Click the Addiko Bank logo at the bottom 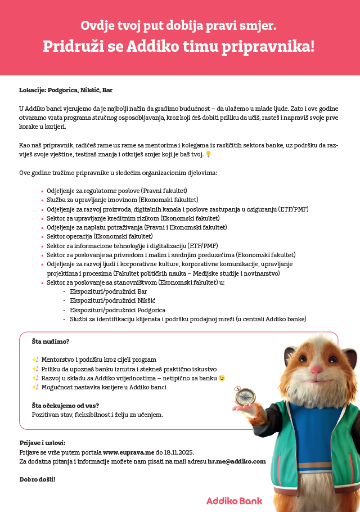(x=234, y=500)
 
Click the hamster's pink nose (x=317, y=369)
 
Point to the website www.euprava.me (x=128, y=452)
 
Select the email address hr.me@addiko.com (x=236, y=461)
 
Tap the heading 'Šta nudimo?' (x=51, y=341)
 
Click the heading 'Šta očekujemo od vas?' (x=65, y=405)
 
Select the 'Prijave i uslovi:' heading (x=42, y=443)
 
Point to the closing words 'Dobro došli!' (x=37, y=479)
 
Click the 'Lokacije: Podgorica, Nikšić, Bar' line (x=69, y=90)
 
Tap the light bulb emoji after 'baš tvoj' (x=208, y=154)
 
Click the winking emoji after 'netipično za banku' (x=222, y=378)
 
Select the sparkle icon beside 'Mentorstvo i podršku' (x=35, y=359)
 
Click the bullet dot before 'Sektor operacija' (x=42, y=237)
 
